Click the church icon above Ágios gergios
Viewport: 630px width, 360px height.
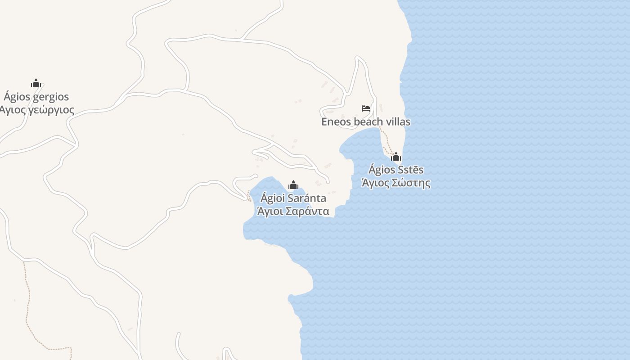click(x=36, y=83)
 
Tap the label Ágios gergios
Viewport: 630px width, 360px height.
click(x=36, y=97)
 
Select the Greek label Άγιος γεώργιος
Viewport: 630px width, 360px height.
click(x=37, y=110)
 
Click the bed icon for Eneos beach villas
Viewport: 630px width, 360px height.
click(x=366, y=108)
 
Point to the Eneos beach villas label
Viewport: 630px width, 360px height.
click(x=366, y=122)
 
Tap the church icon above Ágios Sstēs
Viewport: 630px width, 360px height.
click(x=396, y=157)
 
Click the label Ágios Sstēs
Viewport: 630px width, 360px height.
click(x=396, y=170)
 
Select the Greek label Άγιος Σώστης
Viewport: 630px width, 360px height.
click(x=396, y=183)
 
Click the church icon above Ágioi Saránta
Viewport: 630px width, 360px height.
click(x=293, y=185)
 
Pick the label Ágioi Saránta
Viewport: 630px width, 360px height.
click(x=293, y=198)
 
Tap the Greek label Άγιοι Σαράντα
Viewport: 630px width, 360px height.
click(x=293, y=211)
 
